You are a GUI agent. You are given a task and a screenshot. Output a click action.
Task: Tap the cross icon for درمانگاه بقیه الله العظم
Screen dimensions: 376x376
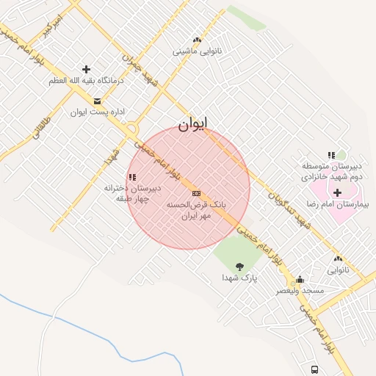pos(86,69)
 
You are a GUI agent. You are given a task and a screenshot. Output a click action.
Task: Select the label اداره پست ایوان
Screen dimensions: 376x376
pos(100,112)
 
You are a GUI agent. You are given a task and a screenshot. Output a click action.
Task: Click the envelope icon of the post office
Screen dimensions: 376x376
pos(98,101)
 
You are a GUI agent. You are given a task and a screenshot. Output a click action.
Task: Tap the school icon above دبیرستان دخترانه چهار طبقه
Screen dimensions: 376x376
pos(132,177)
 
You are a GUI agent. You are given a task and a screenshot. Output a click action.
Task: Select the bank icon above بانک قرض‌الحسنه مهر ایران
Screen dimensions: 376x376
pos(195,193)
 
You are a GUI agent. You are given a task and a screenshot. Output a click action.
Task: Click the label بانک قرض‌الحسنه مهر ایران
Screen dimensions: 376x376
pos(197,211)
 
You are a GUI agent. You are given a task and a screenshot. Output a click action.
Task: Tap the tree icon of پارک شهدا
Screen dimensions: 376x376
pos(239,266)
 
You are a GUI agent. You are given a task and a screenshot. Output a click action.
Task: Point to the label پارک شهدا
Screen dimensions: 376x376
pos(240,278)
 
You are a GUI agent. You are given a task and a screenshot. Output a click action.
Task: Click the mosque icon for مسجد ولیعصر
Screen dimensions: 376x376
pos(300,280)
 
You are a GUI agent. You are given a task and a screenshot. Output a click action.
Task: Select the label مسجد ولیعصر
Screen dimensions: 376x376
pos(300,292)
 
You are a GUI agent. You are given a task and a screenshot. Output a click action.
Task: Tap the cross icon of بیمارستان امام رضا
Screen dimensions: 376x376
pos(337,192)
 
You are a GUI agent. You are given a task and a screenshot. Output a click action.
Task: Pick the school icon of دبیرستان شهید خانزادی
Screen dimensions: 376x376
pos(331,155)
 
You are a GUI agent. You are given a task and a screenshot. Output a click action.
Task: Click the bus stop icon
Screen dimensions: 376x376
pos(314,369)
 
